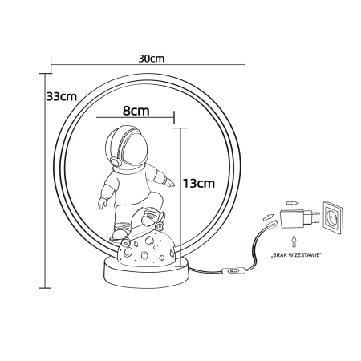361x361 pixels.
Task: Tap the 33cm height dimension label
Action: tap(61, 97)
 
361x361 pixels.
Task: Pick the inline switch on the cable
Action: tap(233, 272)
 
